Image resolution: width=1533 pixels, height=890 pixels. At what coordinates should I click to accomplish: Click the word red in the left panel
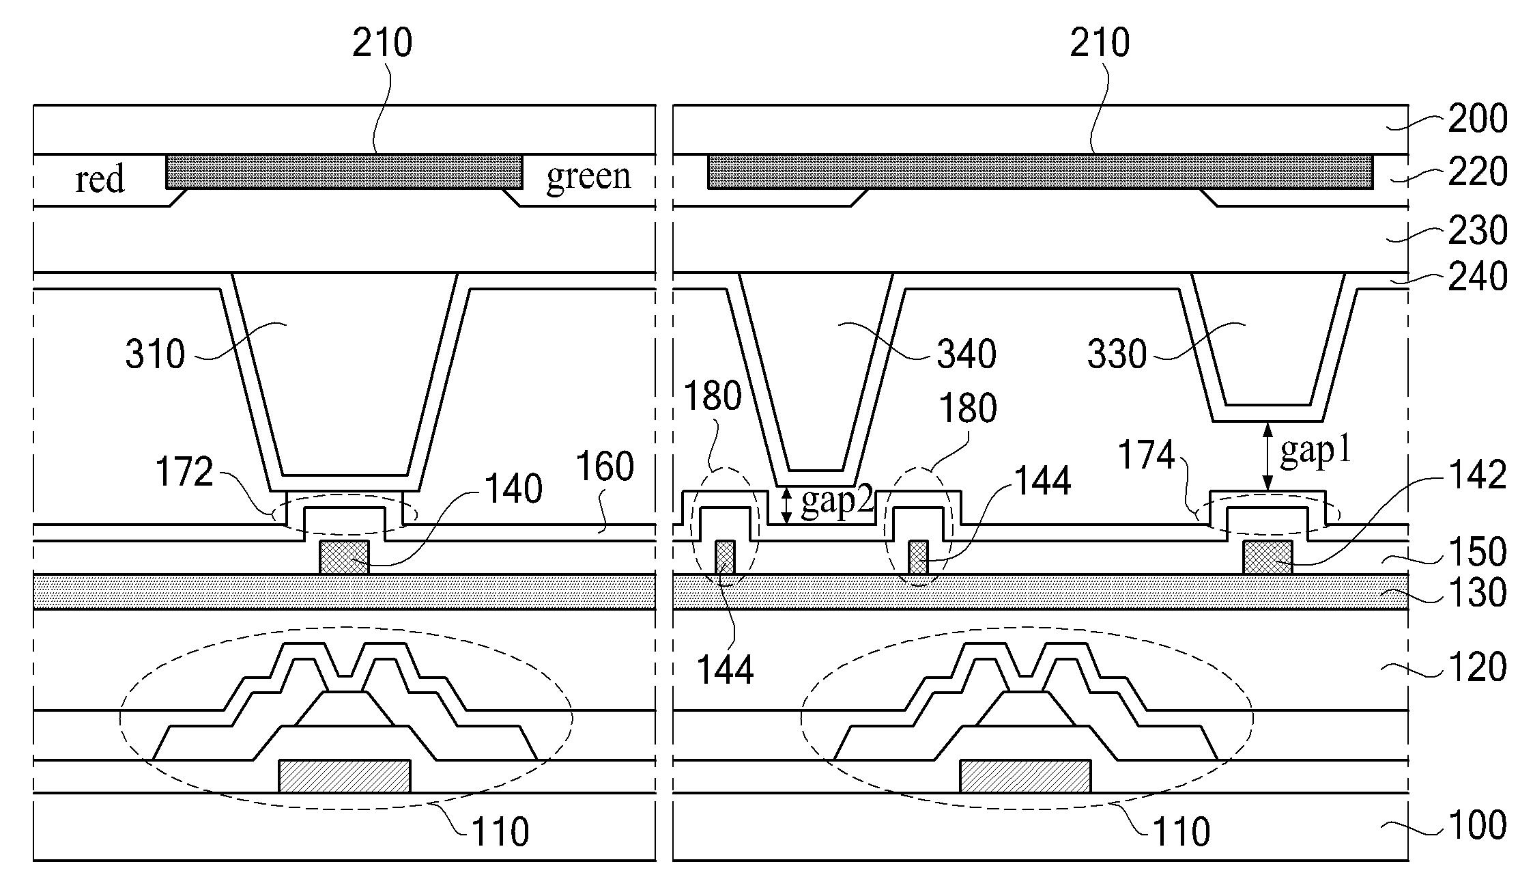[100, 180]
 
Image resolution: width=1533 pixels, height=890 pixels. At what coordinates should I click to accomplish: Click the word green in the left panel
[588, 176]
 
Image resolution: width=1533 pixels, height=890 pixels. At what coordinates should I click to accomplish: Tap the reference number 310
[155, 354]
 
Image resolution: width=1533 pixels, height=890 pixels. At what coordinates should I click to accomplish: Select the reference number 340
[966, 354]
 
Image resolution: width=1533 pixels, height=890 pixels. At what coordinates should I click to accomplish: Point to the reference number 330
[1117, 354]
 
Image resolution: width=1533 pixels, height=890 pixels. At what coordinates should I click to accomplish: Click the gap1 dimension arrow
[1267, 456]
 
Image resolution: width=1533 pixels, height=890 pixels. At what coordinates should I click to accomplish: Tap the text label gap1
[1315, 451]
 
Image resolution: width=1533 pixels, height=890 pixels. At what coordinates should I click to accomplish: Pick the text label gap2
[837, 503]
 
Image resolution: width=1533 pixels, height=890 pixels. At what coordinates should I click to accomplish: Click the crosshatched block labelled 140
[344, 557]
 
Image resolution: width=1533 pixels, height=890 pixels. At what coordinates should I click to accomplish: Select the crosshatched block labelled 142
[1267, 557]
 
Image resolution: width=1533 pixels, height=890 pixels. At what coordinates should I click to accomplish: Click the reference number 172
[184, 472]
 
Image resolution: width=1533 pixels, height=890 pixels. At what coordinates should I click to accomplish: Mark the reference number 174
[1146, 456]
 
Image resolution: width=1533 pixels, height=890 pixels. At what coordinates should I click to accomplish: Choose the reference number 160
[605, 467]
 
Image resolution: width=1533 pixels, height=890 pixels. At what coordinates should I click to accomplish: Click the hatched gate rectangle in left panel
[345, 777]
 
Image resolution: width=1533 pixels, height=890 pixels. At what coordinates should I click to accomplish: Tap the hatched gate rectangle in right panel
[1025, 777]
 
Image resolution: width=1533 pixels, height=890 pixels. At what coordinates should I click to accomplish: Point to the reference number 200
[1477, 119]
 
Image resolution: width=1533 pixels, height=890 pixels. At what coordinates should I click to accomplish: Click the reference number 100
[1477, 825]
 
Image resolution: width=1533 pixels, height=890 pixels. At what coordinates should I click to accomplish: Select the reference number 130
[1477, 592]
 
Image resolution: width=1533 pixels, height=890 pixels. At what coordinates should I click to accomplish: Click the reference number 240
[1477, 277]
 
